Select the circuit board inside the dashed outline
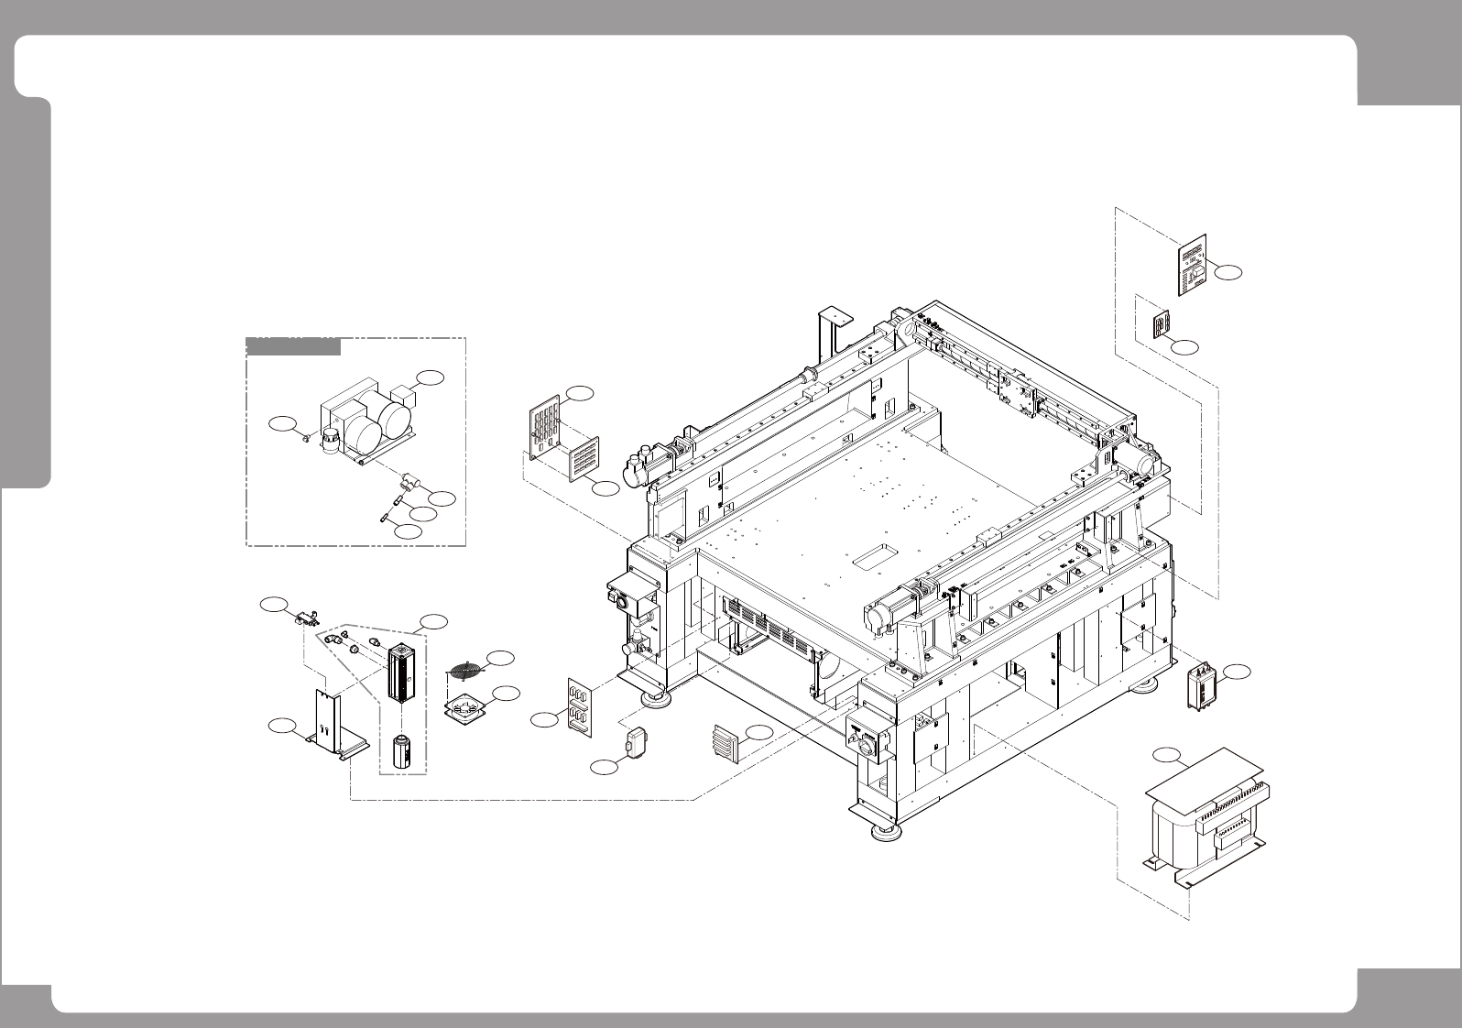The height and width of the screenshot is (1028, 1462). tap(1192, 265)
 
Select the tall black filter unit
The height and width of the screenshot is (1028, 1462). tap(401, 673)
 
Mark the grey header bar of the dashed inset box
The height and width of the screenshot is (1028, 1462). tap(293, 346)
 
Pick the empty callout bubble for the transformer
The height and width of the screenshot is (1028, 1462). tap(1165, 756)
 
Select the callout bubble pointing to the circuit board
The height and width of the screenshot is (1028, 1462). tap(1232, 272)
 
